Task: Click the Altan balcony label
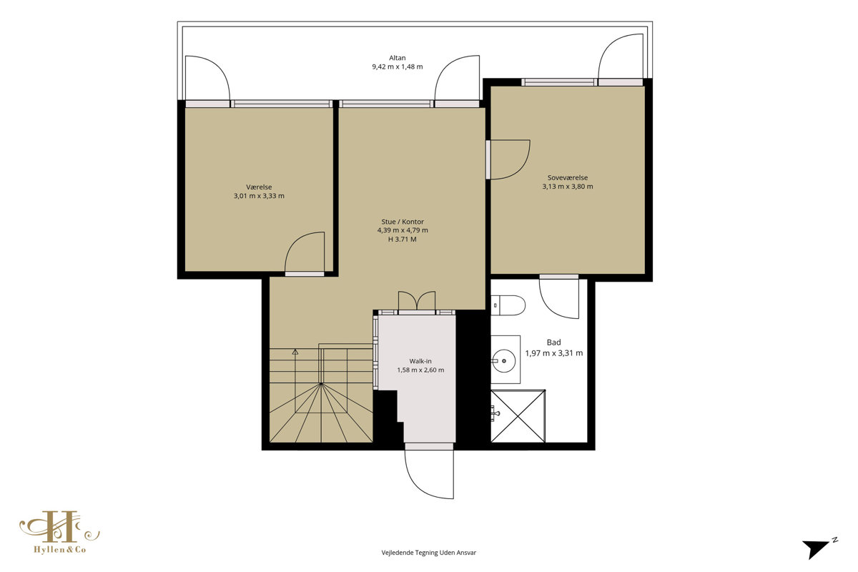(x=398, y=58)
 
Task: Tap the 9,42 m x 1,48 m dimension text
(x=398, y=66)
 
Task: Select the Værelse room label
(x=259, y=187)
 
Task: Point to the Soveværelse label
(x=568, y=178)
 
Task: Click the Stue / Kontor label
(x=403, y=222)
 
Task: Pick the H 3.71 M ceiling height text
(x=402, y=240)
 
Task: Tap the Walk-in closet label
(x=420, y=361)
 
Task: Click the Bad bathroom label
(x=554, y=342)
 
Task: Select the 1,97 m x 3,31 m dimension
(x=554, y=353)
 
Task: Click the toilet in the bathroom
(x=508, y=305)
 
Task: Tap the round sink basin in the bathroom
(x=503, y=360)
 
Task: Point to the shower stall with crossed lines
(x=518, y=416)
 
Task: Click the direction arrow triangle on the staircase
(x=295, y=352)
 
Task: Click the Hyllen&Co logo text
(x=60, y=550)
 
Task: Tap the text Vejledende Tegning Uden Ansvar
(x=428, y=553)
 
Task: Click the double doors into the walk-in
(x=417, y=301)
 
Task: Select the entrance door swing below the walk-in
(x=429, y=474)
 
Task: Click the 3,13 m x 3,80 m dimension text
(x=568, y=187)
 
